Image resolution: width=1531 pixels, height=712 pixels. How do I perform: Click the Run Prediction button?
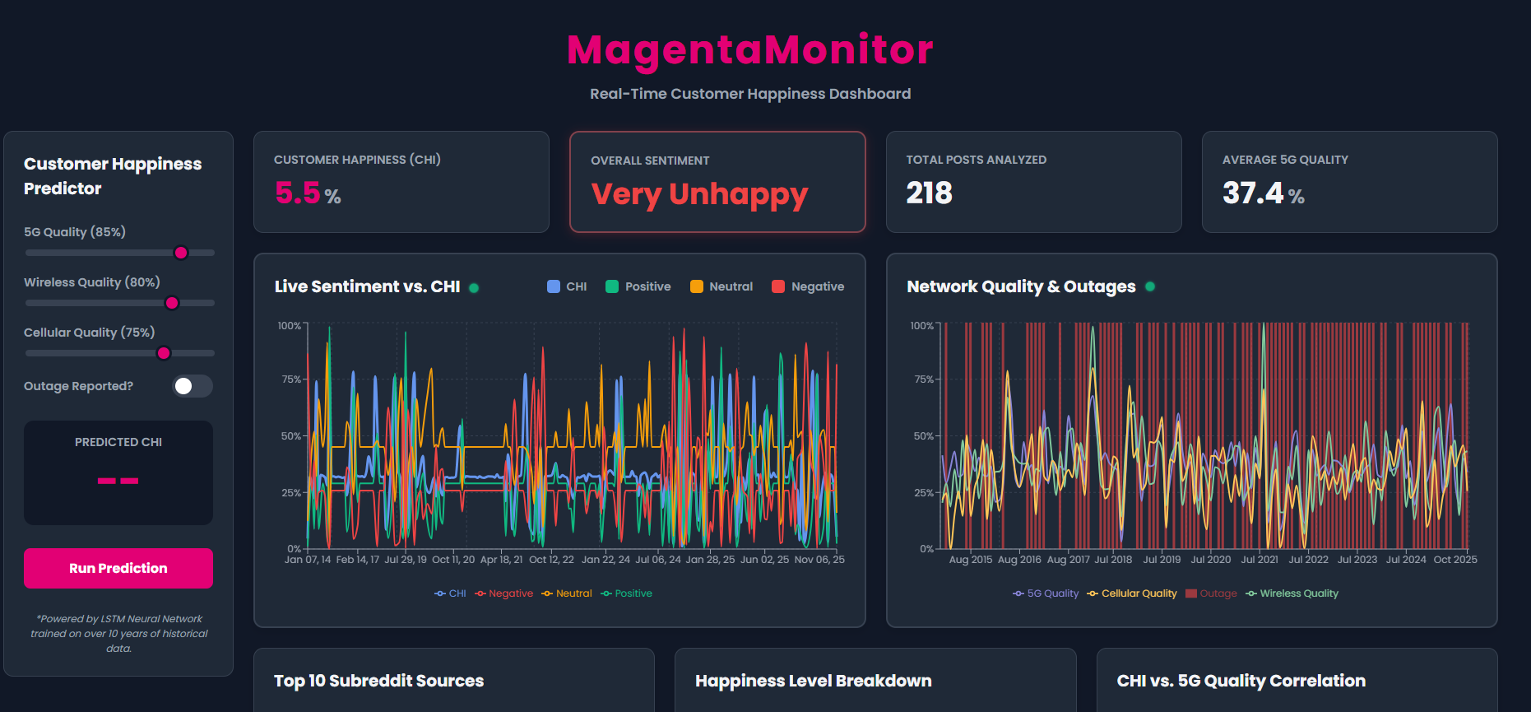(x=118, y=568)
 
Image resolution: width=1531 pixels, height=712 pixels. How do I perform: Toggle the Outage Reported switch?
(x=193, y=386)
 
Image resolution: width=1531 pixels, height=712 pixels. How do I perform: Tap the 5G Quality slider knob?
(x=181, y=253)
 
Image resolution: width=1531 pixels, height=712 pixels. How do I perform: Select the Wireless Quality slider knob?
(x=172, y=303)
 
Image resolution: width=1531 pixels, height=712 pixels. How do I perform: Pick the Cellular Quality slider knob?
(x=164, y=353)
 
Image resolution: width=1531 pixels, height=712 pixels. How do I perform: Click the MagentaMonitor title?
(x=749, y=49)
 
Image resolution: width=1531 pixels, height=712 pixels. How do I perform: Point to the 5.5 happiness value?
(x=298, y=193)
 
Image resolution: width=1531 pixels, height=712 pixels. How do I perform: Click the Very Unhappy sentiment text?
(x=699, y=194)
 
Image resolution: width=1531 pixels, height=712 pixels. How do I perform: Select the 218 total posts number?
(x=929, y=193)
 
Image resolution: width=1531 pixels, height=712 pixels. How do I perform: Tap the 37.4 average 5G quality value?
(x=1252, y=193)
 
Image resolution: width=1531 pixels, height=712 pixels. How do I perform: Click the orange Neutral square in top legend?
(x=697, y=286)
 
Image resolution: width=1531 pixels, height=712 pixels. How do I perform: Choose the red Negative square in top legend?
(x=778, y=286)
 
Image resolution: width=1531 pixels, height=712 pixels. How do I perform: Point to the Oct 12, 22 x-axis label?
(x=551, y=560)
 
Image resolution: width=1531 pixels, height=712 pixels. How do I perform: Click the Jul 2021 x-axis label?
(x=1260, y=560)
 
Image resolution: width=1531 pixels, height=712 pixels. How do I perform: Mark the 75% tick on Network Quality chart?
(x=923, y=379)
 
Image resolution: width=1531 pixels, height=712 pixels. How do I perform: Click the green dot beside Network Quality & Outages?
(x=1150, y=286)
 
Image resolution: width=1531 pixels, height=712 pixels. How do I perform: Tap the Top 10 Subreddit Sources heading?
(x=378, y=681)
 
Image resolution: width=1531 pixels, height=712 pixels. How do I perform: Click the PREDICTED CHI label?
(x=118, y=442)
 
